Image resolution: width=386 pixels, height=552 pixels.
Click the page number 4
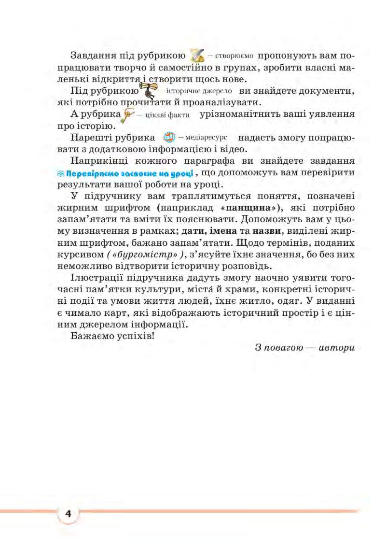tap(68, 513)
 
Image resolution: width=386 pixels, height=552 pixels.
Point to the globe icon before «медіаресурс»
tap(169, 137)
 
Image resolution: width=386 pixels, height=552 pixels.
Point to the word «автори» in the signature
tap(336, 348)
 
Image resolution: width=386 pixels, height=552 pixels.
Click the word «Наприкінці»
tap(101, 160)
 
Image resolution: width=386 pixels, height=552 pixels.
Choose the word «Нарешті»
tap(90, 137)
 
